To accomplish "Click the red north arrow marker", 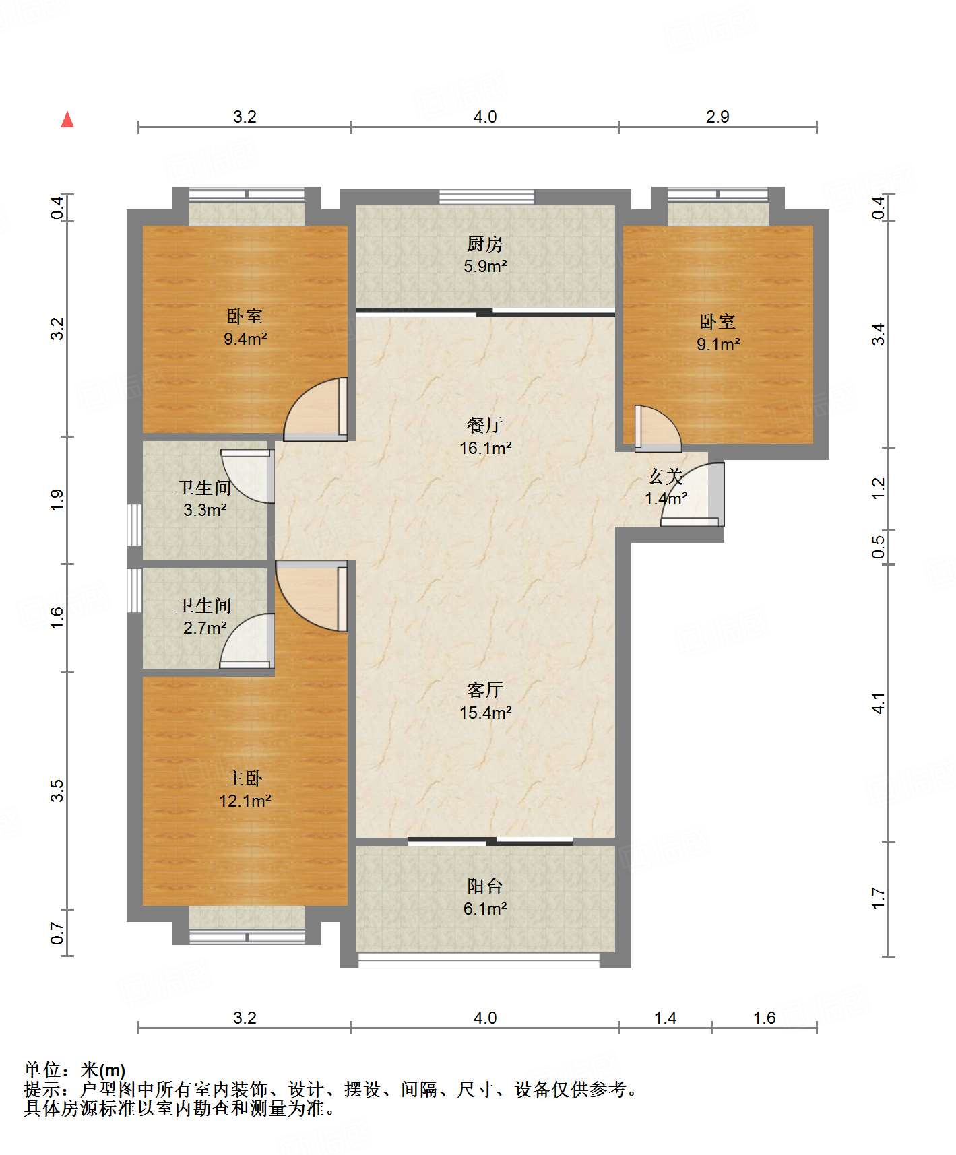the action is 67,119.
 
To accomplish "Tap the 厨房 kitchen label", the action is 485,244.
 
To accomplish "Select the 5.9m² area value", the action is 485,266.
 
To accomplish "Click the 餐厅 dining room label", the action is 485,425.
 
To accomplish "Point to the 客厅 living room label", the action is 485,690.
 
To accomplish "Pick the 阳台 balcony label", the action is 485,886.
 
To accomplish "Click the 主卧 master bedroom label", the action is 245,779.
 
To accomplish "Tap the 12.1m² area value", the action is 245,801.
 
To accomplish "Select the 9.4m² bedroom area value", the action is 245,339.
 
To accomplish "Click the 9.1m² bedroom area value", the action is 718,344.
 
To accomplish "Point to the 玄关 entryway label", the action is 666,477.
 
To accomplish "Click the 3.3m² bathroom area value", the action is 205,510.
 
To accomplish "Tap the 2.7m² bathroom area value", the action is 205,628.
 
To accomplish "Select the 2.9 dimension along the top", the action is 718,117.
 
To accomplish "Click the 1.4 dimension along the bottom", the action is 665,1018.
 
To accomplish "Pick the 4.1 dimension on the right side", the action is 879,703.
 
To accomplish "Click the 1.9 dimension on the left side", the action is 57,499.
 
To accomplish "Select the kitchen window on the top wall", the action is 486,197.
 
